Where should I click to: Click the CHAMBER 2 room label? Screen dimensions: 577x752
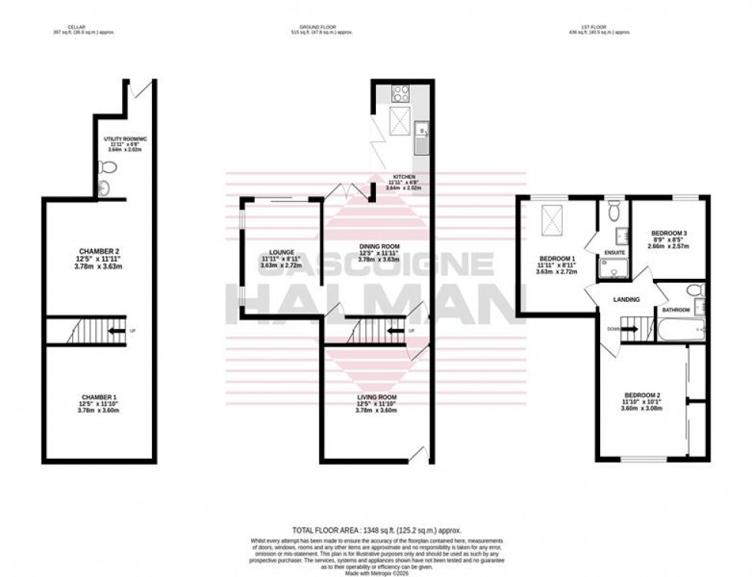click(x=100, y=251)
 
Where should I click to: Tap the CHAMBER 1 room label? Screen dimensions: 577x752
click(x=100, y=396)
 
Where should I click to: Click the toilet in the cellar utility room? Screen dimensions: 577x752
click(x=107, y=167)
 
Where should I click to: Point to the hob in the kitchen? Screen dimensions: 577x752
click(x=401, y=94)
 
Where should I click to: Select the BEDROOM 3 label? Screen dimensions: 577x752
click(x=670, y=234)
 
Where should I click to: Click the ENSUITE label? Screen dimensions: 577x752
click(x=614, y=251)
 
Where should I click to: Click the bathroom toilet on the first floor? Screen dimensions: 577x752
click(x=694, y=290)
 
